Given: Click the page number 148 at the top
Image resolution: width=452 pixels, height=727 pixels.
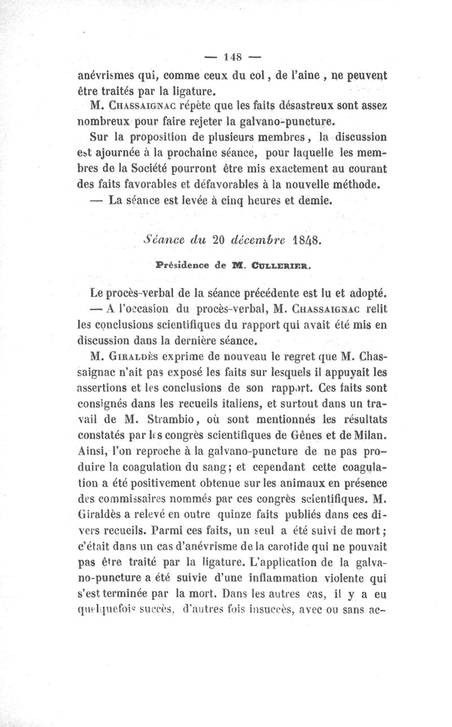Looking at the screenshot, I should click(233, 56).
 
